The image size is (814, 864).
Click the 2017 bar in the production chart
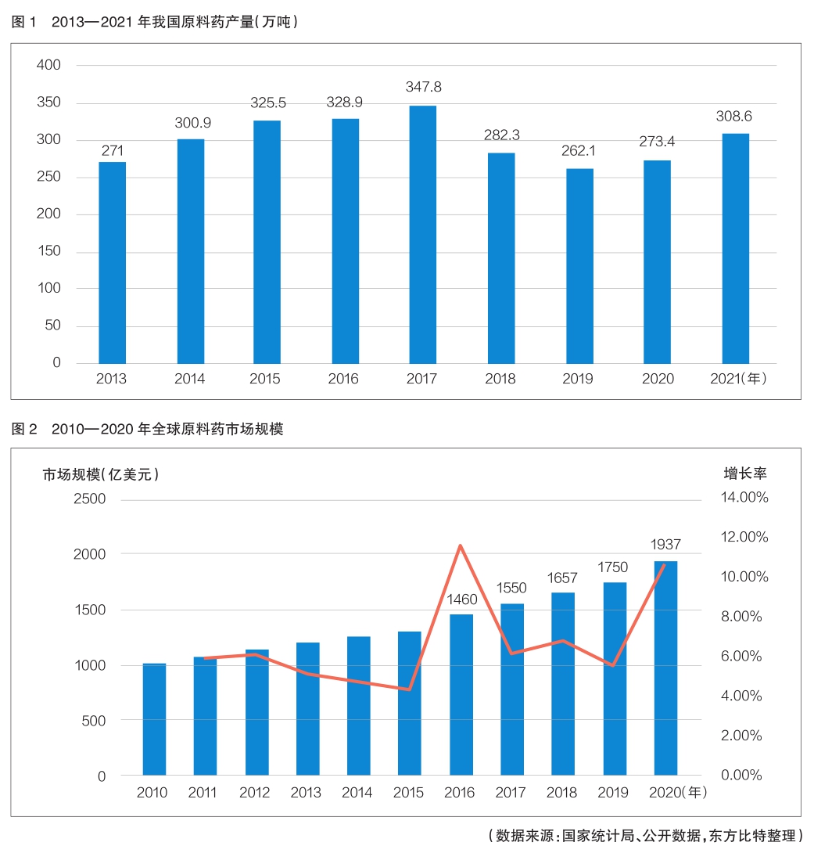coord(423,235)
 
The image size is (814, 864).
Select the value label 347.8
coord(423,87)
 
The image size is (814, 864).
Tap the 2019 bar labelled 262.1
coord(579,266)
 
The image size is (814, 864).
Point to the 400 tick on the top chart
coord(48,65)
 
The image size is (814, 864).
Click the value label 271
coord(113,150)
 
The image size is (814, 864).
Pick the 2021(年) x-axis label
coord(737,380)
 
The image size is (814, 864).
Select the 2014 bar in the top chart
coord(191,251)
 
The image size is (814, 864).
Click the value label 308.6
coord(734,117)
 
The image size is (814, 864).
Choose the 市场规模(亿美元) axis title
coord(101,474)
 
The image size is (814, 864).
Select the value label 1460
coord(461,600)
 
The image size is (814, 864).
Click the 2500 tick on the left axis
coord(89,499)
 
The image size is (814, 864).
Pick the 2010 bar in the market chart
coord(154,719)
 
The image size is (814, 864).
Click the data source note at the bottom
coord(645,836)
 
